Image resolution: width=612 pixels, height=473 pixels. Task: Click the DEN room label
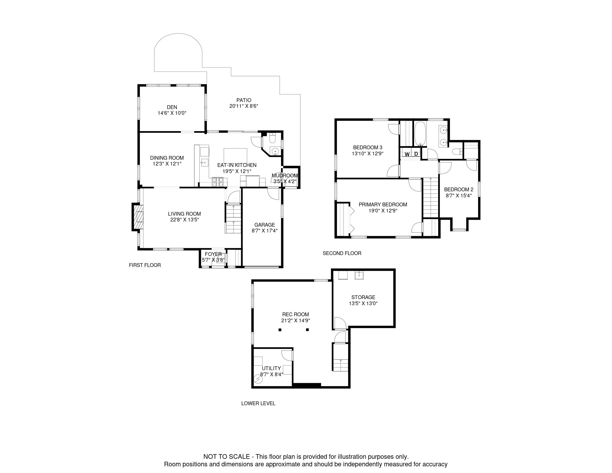click(172, 107)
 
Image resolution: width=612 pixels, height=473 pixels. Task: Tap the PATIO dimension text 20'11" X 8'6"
click(244, 106)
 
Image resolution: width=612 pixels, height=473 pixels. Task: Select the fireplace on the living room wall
click(138, 217)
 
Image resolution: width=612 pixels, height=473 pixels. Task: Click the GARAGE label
click(265, 225)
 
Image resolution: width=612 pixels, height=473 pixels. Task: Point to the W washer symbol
click(407, 154)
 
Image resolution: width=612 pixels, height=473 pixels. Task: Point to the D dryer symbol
click(416, 154)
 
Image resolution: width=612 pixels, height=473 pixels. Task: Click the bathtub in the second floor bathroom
click(420, 134)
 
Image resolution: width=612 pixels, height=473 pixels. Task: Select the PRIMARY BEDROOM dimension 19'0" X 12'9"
click(383, 211)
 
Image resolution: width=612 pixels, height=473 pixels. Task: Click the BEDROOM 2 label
click(459, 190)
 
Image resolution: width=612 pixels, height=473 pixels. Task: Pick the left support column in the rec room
click(280, 330)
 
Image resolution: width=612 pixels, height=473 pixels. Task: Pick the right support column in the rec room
click(307, 330)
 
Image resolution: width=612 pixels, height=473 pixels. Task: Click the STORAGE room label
click(363, 297)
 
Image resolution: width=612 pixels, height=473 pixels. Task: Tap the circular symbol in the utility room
click(257, 379)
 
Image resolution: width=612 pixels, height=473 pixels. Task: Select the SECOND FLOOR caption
click(342, 253)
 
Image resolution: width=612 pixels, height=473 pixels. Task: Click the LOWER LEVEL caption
click(258, 403)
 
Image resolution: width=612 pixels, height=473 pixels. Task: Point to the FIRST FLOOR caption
click(145, 265)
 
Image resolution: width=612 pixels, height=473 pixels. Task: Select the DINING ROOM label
click(167, 158)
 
